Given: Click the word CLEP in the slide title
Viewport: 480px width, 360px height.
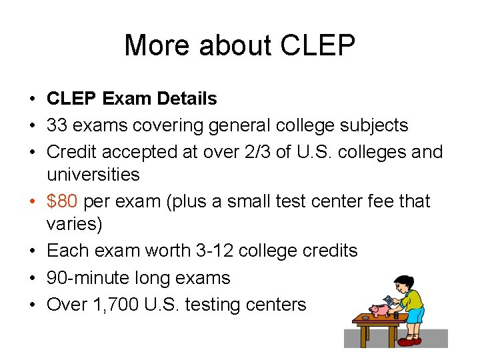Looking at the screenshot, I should [x=319, y=46].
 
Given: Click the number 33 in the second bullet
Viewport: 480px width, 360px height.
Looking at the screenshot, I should [x=57, y=125].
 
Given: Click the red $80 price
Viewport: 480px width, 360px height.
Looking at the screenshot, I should [x=63, y=201].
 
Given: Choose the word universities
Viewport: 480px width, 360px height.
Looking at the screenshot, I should [x=93, y=175].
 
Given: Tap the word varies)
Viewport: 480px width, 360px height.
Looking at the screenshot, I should [x=74, y=224].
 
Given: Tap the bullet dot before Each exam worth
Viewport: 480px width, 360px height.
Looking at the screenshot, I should [x=31, y=251].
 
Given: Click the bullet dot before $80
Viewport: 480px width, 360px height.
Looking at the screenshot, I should [x=31, y=201].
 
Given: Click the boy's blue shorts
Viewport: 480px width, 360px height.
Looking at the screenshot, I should [x=415, y=315].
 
